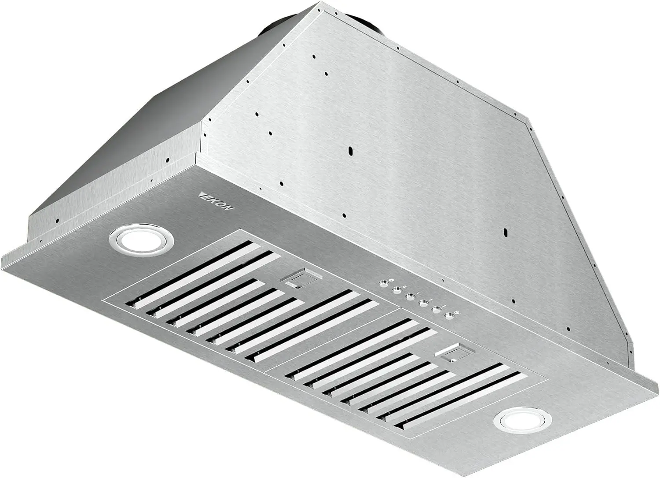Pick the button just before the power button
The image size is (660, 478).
(x=436, y=310)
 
